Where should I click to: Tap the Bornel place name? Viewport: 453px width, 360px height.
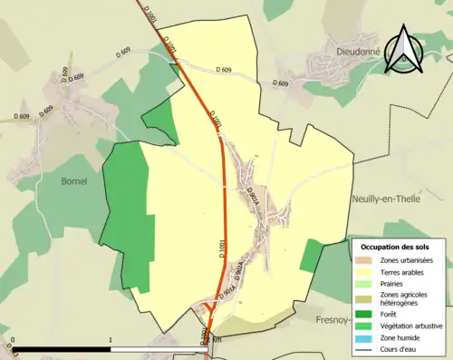click(x=73, y=180)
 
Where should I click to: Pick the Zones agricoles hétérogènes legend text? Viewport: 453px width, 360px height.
click(x=404, y=299)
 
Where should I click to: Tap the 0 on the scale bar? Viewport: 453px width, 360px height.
click(x=14, y=341)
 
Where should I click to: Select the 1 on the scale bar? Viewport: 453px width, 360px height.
click(x=111, y=341)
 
